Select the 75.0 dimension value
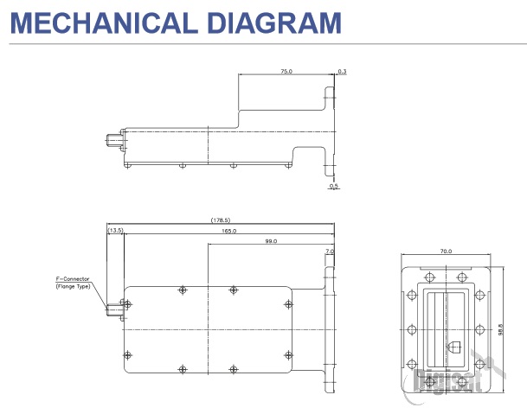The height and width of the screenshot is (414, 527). click(286, 72)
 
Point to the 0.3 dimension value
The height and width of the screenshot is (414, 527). click(343, 72)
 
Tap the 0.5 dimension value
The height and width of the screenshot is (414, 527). click(333, 185)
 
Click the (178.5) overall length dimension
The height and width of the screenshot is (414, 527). click(220, 220)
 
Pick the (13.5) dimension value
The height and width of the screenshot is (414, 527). click(115, 231)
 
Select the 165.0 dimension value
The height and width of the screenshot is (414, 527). click(228, 231)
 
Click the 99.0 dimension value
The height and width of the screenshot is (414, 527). click(271, 241)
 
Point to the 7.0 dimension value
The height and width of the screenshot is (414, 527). click(329, 252)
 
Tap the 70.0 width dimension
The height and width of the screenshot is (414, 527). click(447, 251)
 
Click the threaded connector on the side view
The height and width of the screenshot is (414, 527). click(112, 138)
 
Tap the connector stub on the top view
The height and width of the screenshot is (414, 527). click(114, 306)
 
